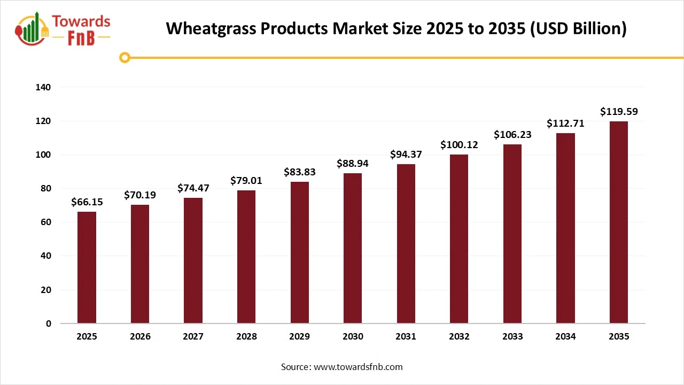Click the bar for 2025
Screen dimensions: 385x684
point(87,267)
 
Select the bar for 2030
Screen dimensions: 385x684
point(353,248)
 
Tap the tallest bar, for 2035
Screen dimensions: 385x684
point(619,222)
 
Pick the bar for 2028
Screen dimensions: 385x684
point(246,257)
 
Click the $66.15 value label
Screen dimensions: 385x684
point(87,202)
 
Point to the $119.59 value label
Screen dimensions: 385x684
point(619,112)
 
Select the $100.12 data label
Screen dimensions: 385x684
point(459,145)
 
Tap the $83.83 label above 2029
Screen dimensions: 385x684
point(299,172)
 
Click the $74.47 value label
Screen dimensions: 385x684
point(193,188)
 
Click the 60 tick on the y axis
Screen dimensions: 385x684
point(46,222)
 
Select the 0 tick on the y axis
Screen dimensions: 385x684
point(49,324)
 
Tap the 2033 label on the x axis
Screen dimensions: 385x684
point(512,337)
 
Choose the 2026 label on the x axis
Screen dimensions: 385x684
point(140,337)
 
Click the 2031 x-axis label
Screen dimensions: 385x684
point(406,337)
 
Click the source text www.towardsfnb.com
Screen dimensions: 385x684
point(357,367)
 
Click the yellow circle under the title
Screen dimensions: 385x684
point(125,57)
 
